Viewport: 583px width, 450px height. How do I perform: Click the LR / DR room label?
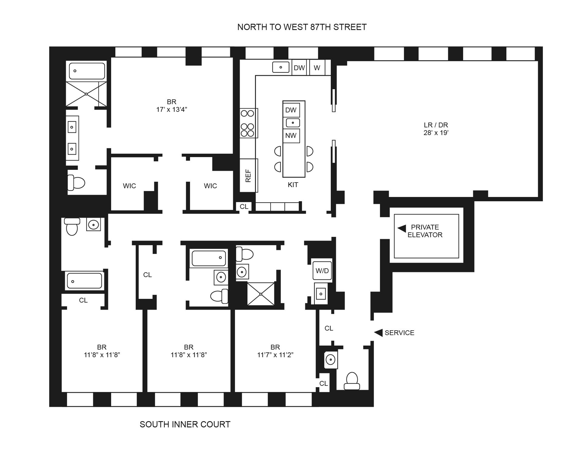pyautogui.click(x=436, y=129)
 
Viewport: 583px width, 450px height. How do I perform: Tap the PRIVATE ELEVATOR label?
pyautogui.click(x=424, y=231)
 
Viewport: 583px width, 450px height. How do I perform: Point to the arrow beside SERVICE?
pyautogui.click(x=378, y=333)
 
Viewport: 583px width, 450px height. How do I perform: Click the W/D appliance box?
pyautogui.click(x=322, y=271)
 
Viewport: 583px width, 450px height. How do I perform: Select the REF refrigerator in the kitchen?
pyautogui.click(x=248, y=176)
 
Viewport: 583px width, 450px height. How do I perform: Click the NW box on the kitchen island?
pyautogui.click(x=291, y=136)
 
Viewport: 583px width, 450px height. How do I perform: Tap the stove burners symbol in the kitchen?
pyautogui.click(x=247, y=123)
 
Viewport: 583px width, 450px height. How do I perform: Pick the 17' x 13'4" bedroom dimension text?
pyautogui.click(x=172, y=110)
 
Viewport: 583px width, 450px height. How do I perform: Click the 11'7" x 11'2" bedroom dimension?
pyautogui.click(x=275, y=355)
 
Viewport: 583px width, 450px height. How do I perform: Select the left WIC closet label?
pyautogui.click(x=129, y=186)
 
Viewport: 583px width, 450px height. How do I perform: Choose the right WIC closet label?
pyautogui.click(x=210, y=186)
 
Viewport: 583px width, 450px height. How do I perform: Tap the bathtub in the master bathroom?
pyautogui.click(x=87, y=71)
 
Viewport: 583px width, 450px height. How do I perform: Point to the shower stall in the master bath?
pyautogui.click(x=86, y=94)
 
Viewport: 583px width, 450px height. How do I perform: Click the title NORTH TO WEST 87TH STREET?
pyautogui.click(x=302, y=27)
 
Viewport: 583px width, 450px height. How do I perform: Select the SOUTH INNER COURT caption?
pyautogui.click(x=185, y=424)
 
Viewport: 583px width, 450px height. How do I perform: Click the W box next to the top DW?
pyautogui.click(x=317, y=68)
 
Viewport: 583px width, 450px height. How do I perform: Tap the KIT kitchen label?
pyautogui.click(x=293, y=185)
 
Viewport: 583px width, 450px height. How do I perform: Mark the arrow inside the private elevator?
pyautogui.click(x=402, y=228)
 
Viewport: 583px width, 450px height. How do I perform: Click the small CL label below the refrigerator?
pyautogui.click(x=244, y=207)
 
